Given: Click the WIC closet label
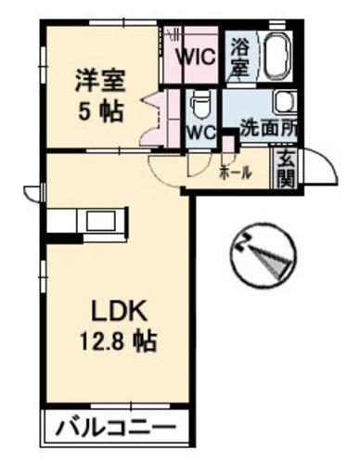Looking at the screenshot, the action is (196, 57).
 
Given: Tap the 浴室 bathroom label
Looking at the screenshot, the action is (240, 58).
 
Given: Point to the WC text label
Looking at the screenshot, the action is (202, 133).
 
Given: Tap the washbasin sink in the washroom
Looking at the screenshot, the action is (286, 102).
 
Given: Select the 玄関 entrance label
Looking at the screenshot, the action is (286, 170).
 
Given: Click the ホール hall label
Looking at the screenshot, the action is (235, 174).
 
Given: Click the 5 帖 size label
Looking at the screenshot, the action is (101, 111).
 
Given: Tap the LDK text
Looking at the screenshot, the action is (118, 312).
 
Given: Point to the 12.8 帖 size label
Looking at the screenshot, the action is (118, 341).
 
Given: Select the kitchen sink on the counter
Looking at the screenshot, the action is (101, 221).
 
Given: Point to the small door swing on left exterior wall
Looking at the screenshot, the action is (30, 193).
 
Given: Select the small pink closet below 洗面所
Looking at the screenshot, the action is (228, 145).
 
